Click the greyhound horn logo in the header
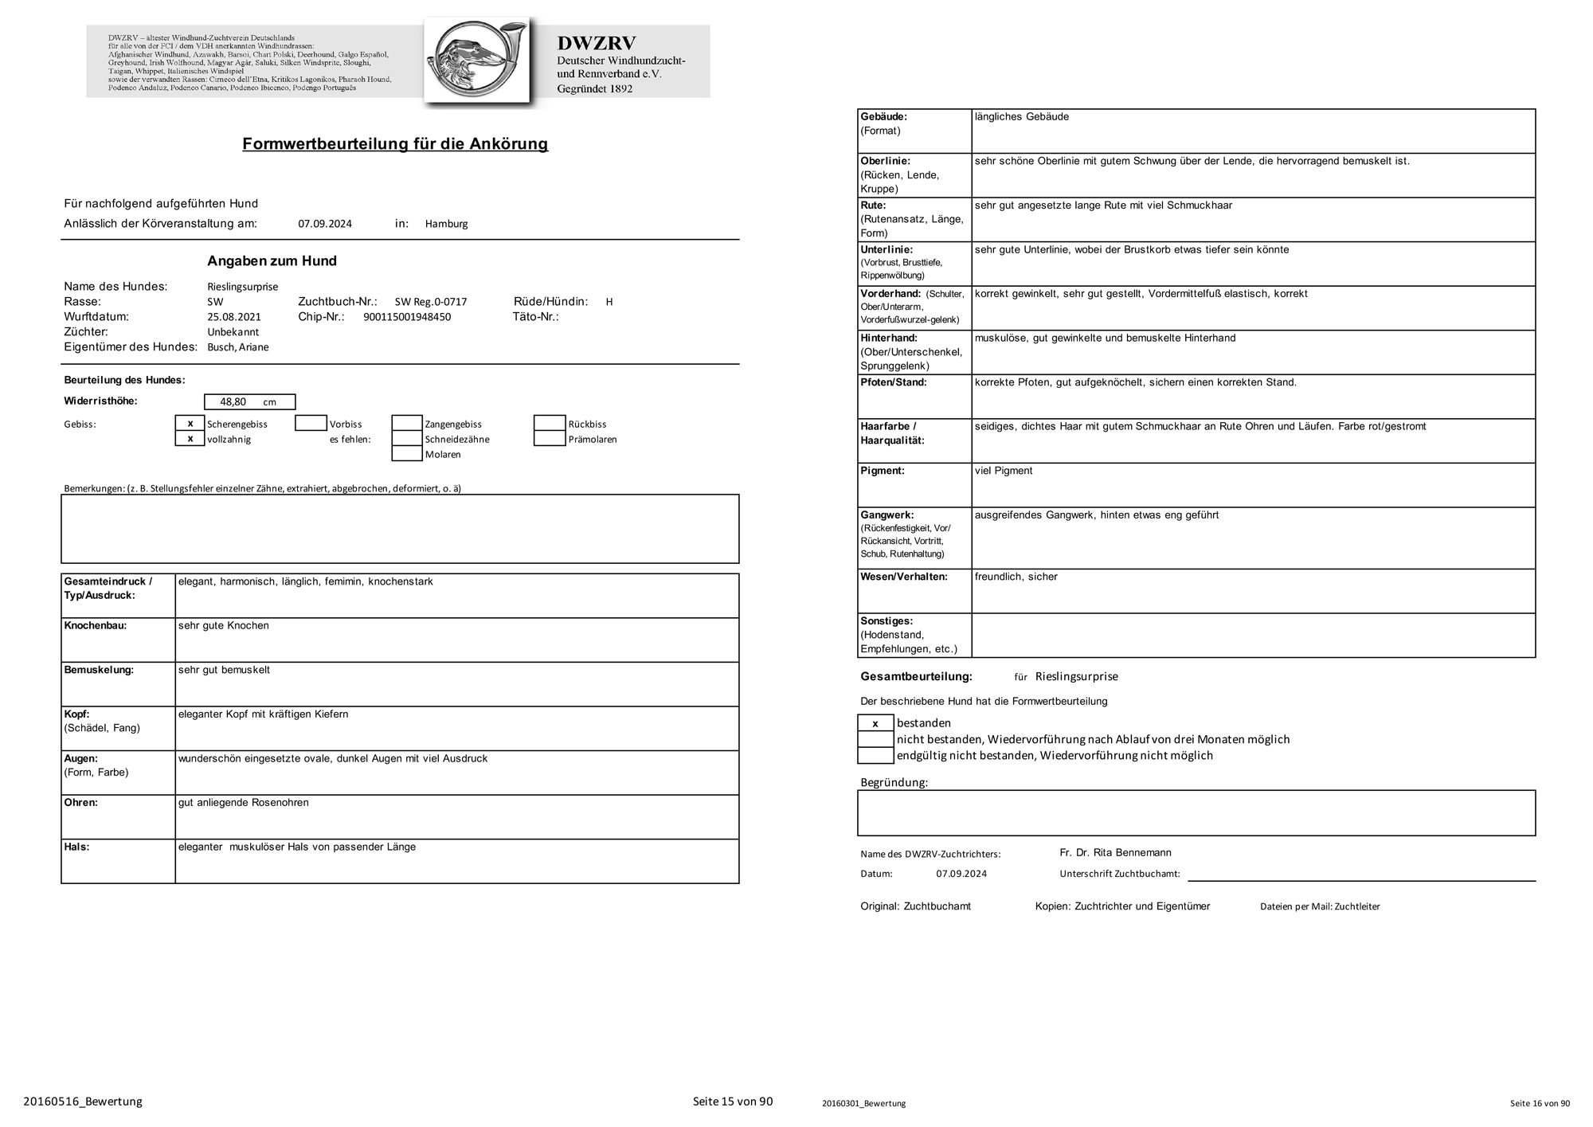tap(477, 61)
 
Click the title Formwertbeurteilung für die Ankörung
tap(395, 144)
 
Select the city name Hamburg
tap(446, 224)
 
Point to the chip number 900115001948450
tap(407, 317)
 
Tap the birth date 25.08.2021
tap(234, 317)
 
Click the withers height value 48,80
tap(233, 402)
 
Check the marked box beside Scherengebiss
tap(190, 424)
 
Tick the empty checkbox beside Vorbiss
tap(311, 424)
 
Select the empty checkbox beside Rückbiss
tap(550, 424)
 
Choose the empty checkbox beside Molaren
tap(407, 454)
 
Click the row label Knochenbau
tap(96, 626)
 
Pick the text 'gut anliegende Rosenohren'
tap(244, 803)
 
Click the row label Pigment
tap(883, 471)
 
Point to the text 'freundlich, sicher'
tap(1016, 577)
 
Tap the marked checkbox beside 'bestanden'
tap(875, 723)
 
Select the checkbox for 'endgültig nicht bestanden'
tap(875, 755)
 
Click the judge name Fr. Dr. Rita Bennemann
tap(1115, 852)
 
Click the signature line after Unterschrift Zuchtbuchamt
tap(1361, 879)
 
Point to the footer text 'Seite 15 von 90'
tap(733, 1102)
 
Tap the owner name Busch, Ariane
tap(238, 347)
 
